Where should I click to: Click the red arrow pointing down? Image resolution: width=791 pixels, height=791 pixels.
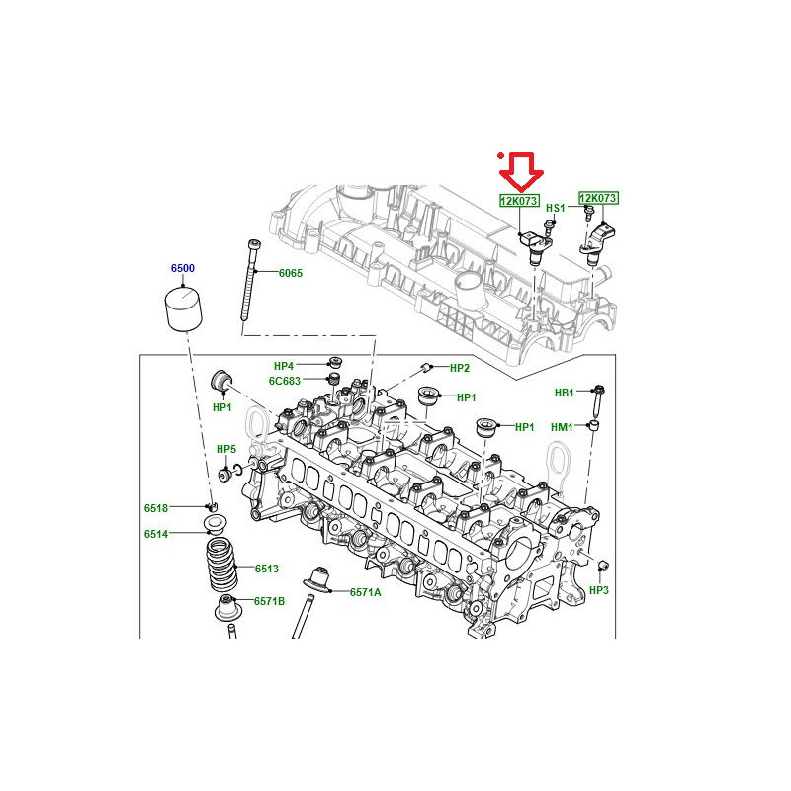click(521, 171)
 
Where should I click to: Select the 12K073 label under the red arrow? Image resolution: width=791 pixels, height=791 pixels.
click(520, 201)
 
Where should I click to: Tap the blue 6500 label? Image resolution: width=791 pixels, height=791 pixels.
click(183, 268)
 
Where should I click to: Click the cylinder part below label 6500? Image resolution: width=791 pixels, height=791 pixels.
click(184, 308)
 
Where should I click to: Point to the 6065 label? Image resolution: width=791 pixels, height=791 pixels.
click(291, 273)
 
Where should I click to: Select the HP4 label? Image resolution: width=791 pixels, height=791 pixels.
click(284, 366)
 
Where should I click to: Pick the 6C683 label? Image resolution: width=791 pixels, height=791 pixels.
click(285, 381)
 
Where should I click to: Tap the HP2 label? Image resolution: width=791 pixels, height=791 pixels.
click(460, 368)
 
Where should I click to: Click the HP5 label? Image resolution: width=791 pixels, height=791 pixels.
click(226, 449)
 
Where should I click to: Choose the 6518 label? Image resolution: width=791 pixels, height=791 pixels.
click(156, 508)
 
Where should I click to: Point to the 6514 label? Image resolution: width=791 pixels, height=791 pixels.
click(156, 534)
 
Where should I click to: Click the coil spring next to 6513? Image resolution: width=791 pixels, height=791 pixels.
click(221, 566)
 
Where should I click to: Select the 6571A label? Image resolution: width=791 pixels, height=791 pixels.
click(366, 592)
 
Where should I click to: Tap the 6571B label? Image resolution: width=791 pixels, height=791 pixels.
click(269, 601)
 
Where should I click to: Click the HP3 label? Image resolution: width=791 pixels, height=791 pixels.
click(599, 590)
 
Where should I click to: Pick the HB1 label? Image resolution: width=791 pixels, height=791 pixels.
click(565, 393)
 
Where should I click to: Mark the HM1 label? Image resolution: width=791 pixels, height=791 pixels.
click(562, 427)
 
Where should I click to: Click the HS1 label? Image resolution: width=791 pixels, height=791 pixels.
click(556, 208)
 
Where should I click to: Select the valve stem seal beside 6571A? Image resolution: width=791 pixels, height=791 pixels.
click(316, 580)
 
